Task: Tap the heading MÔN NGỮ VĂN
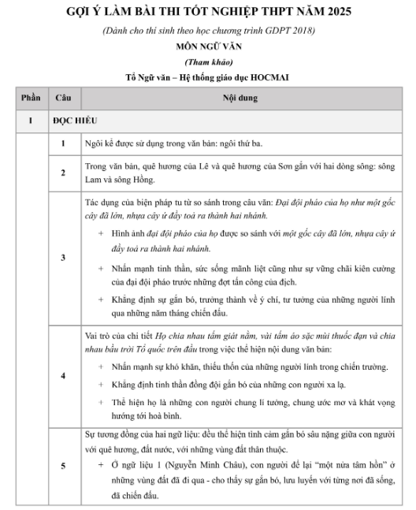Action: point(209,46)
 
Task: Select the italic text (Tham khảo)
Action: point(209,61)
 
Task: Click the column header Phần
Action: point(31,99)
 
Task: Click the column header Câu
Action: point(63,99)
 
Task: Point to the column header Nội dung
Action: point(241,99)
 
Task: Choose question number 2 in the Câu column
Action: point(63,172)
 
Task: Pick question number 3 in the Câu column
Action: point(63,257)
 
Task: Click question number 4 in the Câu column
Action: point(63,375)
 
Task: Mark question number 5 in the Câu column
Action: point(63,466)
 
